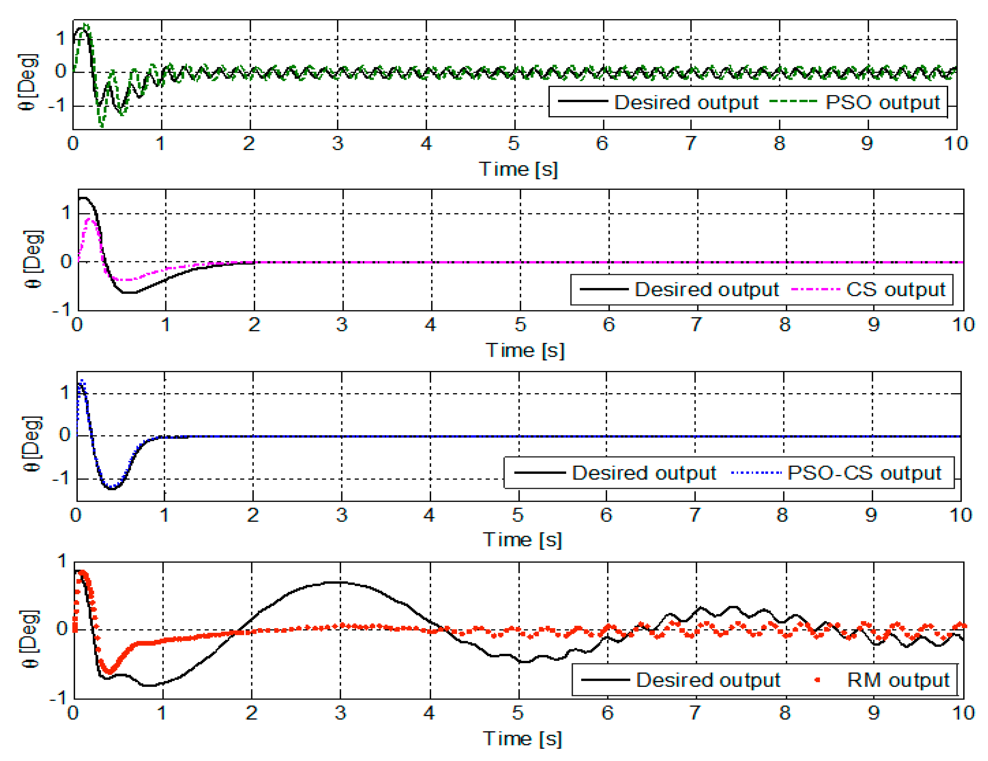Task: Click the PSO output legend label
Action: click(882, 102)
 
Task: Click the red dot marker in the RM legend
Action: click(817, 679)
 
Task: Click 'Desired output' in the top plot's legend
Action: click(686, 102)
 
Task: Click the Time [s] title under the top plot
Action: click(519, 169)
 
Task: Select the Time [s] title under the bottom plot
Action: click(522, 738)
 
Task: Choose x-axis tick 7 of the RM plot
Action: click(695, 713)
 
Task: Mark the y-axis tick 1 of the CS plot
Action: click(66, 213)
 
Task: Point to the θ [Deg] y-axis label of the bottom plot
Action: click(30, 639)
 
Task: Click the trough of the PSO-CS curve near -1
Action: click(111, 489)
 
